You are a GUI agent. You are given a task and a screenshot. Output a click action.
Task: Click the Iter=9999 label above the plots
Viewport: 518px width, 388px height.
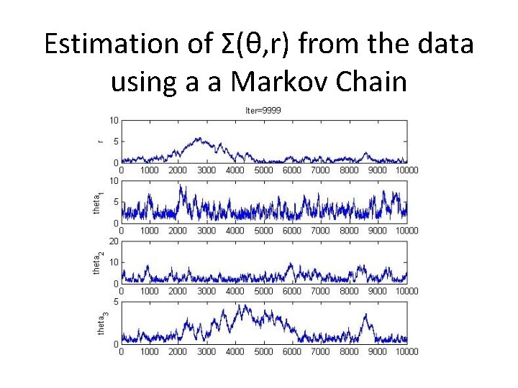coord(263,110)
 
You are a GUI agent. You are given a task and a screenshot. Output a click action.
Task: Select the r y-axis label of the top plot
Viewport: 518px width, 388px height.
coord(100,141)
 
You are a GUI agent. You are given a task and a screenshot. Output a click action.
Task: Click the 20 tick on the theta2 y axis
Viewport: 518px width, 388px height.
coord(114,241)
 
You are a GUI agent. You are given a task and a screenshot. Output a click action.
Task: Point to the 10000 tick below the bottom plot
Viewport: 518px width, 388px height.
coord(406,352)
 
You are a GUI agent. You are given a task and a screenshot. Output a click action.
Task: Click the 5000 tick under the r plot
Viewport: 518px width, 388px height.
coord(263,170)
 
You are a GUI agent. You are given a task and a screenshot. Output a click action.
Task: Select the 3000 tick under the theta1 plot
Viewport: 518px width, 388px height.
coord(206,231)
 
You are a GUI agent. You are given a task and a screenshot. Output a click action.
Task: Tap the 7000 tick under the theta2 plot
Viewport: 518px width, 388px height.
coord(320,292)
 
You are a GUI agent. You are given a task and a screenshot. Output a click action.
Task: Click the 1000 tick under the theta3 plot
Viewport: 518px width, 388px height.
coord(149,352)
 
